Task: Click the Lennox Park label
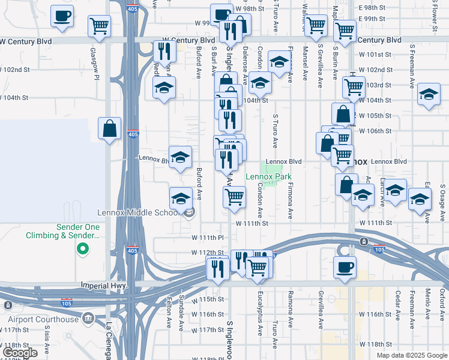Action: coord(268,176)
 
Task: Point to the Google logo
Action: coord(19,353)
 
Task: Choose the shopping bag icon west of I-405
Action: coord(110,128)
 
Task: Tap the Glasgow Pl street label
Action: coord(94,64)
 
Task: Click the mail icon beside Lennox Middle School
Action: coord(190,212)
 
